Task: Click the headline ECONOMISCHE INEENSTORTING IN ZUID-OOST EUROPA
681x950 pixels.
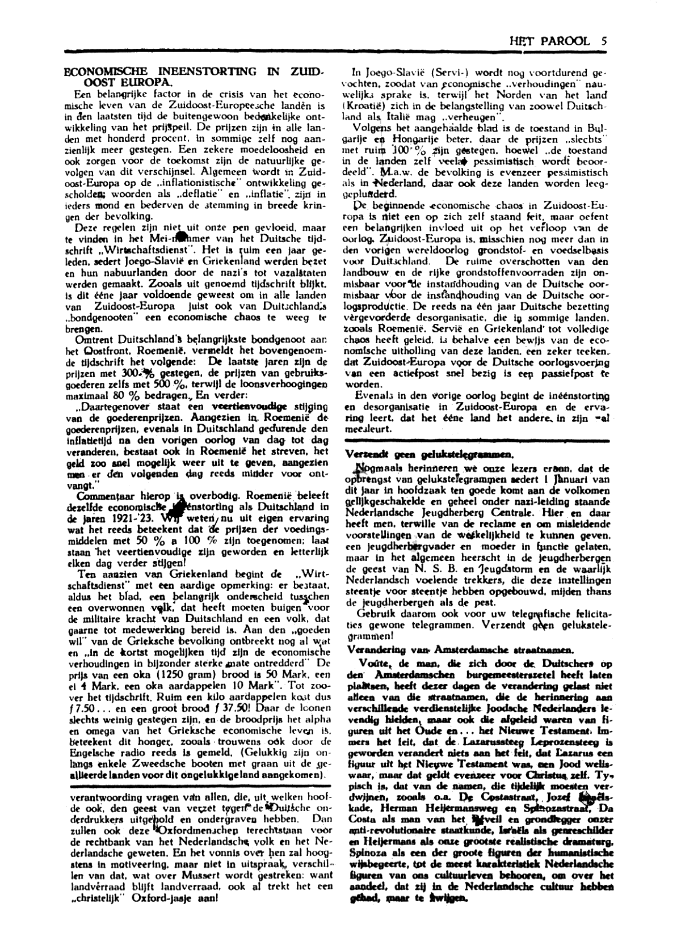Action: pyautogui.click(x=193, y=77)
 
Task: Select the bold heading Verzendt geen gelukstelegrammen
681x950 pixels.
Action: pyautogui.click(x=430, y=454)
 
